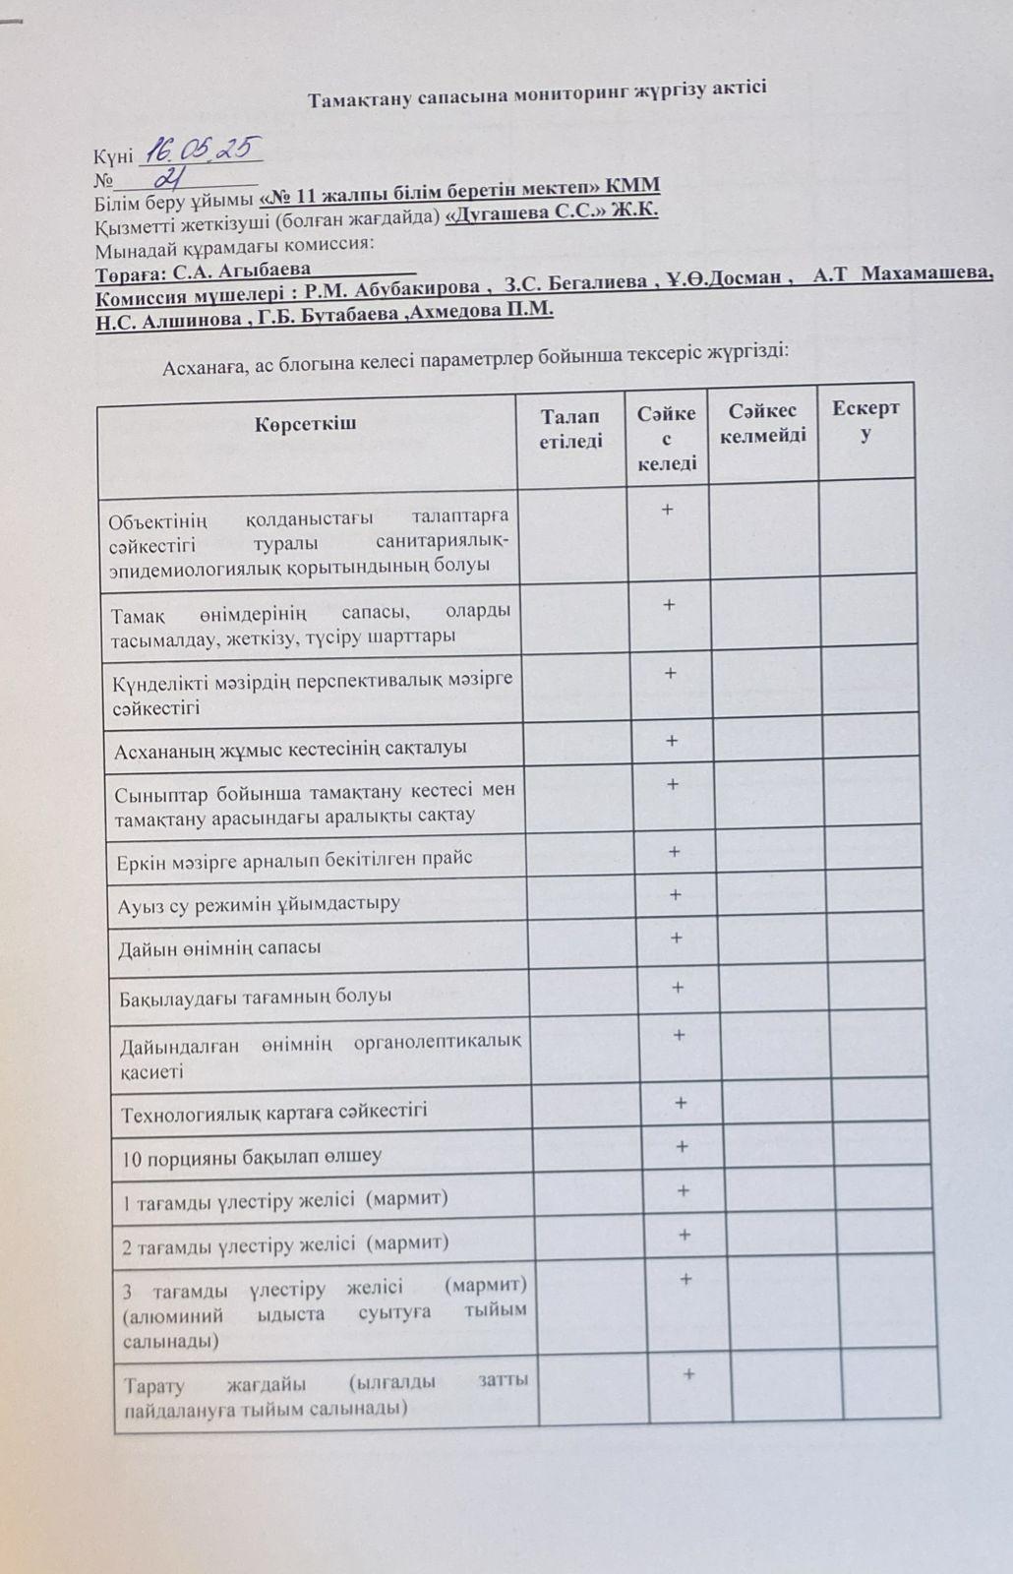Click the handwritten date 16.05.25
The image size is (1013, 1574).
point(202,151)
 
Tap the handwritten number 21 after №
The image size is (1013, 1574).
point(173,177)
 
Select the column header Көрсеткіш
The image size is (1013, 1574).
point(305,424)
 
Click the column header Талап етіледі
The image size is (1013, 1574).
point(570,429)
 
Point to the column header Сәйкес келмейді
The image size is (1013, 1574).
point(762,423)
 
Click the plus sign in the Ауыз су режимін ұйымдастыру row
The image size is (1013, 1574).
point(675,894)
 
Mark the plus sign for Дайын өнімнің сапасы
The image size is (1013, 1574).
point(677,938)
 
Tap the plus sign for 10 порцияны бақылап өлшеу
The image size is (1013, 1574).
point(682,1146)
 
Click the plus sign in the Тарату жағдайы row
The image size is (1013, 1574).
point(688,1374)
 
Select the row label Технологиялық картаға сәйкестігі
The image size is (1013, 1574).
point(274,1113)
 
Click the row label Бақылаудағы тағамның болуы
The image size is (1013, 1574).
point(256,996)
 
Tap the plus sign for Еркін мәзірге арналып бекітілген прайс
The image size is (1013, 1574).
point(675,851)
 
